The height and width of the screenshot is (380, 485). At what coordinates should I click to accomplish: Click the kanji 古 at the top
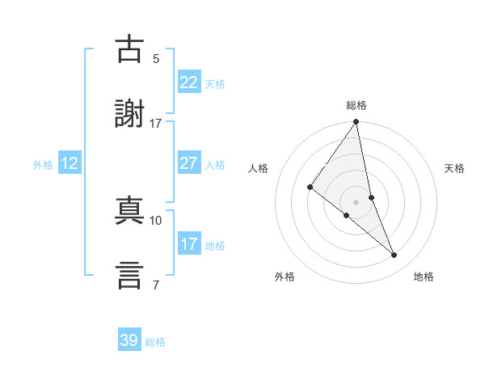[x=130, y=49]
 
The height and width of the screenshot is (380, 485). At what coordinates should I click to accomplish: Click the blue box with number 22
[x=188, y=82]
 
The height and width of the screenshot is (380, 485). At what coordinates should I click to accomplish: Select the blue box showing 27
[x=188, y=163]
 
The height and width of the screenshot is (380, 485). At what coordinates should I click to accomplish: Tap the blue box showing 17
[x=188, y=244]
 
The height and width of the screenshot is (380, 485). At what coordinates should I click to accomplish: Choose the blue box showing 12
[x=70, y=163]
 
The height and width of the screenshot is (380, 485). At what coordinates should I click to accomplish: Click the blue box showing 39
[x=129, y=340]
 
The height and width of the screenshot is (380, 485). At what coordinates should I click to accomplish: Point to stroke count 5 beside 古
[x=156, y=58]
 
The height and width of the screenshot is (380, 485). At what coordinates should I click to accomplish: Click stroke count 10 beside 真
[x=156, y=220]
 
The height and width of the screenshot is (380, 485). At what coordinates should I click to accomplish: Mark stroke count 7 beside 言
[x=156, y=285]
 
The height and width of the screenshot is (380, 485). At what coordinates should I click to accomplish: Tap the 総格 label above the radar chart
[x=356, y=105]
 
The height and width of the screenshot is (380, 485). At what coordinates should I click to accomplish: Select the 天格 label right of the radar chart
[x=455, y=168]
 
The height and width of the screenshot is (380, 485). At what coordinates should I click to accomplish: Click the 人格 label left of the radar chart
[x=258, y=168]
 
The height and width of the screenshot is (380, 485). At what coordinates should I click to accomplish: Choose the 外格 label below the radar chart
[x=285, y=277]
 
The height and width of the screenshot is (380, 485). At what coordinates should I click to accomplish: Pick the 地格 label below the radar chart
[x=424, y=277]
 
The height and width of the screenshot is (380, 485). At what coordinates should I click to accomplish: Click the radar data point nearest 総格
[x=356, y=123]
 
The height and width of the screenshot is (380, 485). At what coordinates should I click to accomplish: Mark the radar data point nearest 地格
[x=394, y=255]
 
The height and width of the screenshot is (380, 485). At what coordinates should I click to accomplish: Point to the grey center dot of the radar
[x=356, y=201]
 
